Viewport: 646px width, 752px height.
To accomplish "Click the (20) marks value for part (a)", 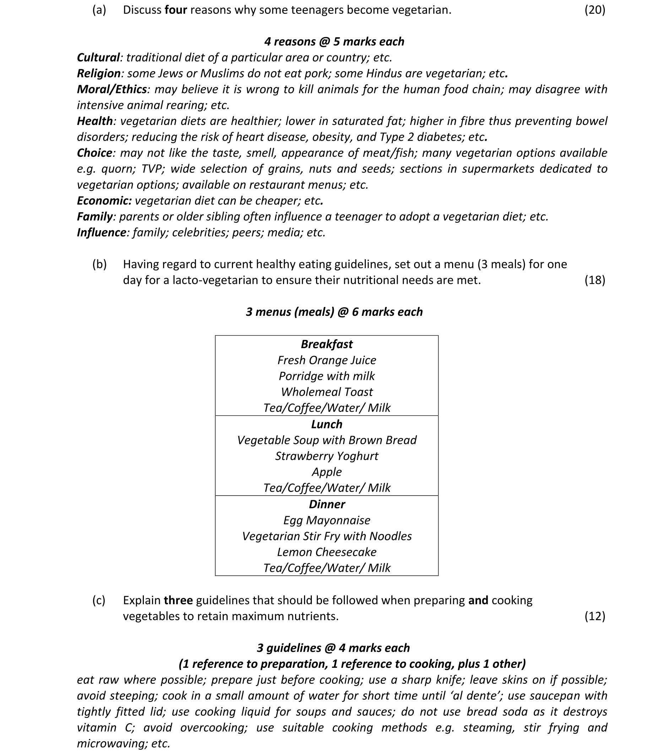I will coord(595,10).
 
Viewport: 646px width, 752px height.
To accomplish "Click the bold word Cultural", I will coord(98,58).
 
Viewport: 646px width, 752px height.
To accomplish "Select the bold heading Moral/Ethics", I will coord(112,89).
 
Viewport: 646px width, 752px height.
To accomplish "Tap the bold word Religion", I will coord(99,74).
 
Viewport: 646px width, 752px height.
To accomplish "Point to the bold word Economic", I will coord(104,201).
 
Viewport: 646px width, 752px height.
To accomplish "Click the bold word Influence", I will coord(101,232).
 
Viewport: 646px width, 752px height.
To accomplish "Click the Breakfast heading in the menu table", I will coord(326,344).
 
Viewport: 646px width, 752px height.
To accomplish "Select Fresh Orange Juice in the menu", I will coord(326,360).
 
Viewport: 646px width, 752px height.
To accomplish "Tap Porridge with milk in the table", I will coord(326,376).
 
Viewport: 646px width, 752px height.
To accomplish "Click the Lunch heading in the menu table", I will coord(326,424).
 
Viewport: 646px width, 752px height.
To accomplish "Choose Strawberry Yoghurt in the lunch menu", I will coord(326,456).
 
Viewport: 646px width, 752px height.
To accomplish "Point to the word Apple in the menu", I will coord(326,472).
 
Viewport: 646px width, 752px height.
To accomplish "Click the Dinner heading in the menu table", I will coord(326,504).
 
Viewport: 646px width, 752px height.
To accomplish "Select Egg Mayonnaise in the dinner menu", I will coord(326,520).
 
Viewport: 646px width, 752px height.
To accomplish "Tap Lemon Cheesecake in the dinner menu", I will coord(326,552).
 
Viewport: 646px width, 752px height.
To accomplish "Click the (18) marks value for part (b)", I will coord(595,280).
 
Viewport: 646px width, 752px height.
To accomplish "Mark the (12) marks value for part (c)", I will coord(595,616).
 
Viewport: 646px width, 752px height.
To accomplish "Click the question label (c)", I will coord(99,600).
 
